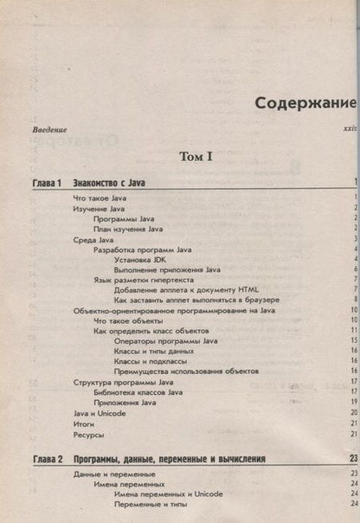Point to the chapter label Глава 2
click(x=48, y=458)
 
